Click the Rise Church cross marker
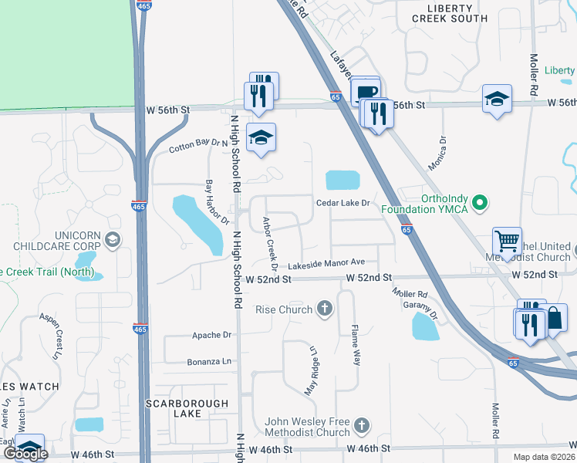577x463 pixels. pos(325,309)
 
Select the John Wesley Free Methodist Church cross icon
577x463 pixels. pos(361,424)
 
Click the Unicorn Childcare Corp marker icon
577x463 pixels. pos(113,240)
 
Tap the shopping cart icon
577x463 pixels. pos(507,242)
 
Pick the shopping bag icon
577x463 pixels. pos(554,317)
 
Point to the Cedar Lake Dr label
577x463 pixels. pos(344,203)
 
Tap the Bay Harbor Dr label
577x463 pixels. pos(217,202)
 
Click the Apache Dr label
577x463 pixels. pos(211,336)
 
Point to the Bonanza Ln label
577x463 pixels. pos(208,361)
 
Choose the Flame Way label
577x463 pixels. pos(356,345)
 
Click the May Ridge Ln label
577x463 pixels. pos(311,372)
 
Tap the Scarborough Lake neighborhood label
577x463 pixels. pos(190,408)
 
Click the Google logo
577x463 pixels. pos(25,454)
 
